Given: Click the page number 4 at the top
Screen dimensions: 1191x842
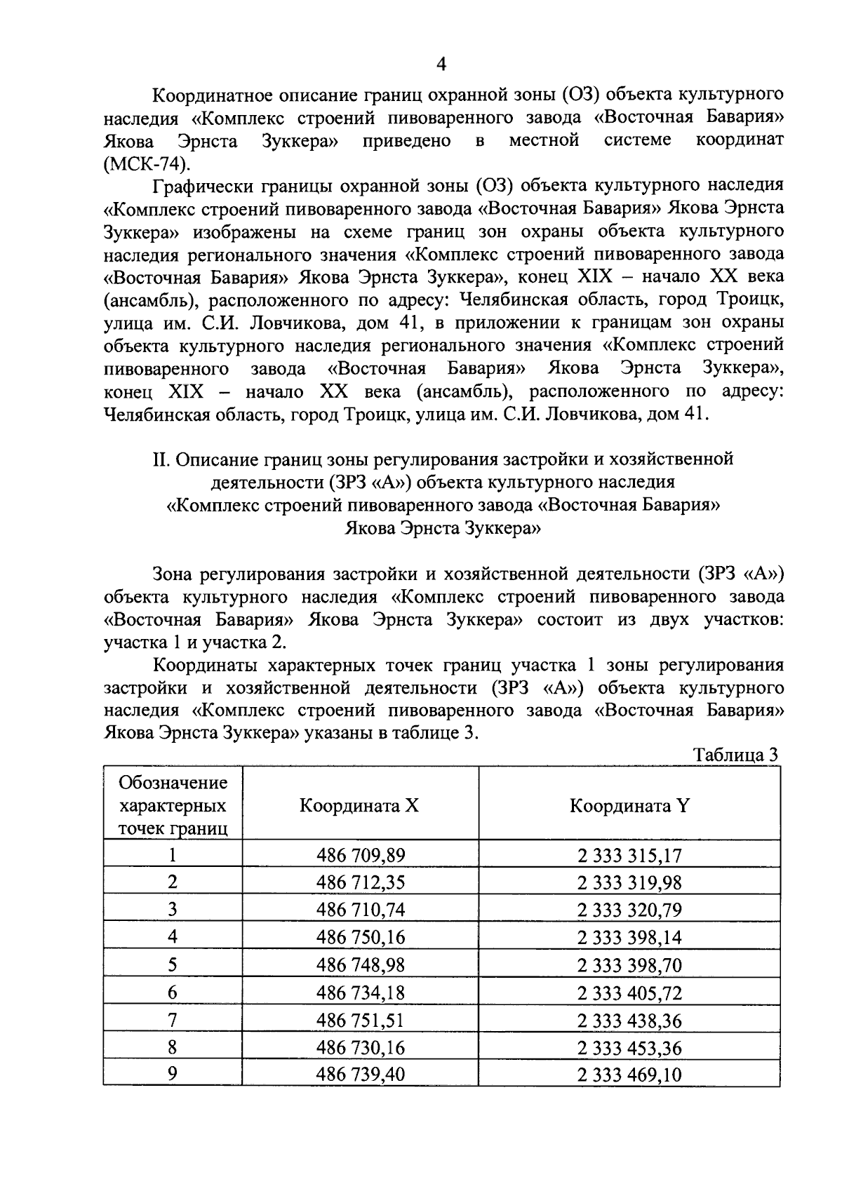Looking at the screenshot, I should click(x=441, y=65).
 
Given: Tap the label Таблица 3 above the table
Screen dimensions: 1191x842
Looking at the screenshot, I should click(x=735, y=755).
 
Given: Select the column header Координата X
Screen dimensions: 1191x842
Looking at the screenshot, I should click(x=359, y=805).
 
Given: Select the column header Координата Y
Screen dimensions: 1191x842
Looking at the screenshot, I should click(x=629, y=805).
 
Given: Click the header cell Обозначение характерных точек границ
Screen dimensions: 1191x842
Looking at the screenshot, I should click(x=173, y=805).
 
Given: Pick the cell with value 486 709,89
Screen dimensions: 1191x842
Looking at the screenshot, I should click(x=361, y=855).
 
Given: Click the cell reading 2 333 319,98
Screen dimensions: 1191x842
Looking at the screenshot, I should click(x=629, y=883).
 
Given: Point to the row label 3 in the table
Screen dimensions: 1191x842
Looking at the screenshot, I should click(x=173, y=910).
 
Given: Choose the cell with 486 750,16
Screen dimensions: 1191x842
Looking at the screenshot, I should click(x=361, y=938).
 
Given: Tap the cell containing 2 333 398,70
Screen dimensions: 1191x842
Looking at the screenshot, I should click(x=629, y=966).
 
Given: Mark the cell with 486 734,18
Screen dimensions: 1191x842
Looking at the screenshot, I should click(x=361, y=993).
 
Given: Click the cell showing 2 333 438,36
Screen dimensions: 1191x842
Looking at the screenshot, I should click(x=629, y=1021).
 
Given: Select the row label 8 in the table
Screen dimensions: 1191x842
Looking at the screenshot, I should click(x=173, y=1047).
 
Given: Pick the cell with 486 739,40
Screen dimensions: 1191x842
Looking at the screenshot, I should click(x=361, y=1075).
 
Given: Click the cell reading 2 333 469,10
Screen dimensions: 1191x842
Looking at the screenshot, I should click(x=629, y=1075).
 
